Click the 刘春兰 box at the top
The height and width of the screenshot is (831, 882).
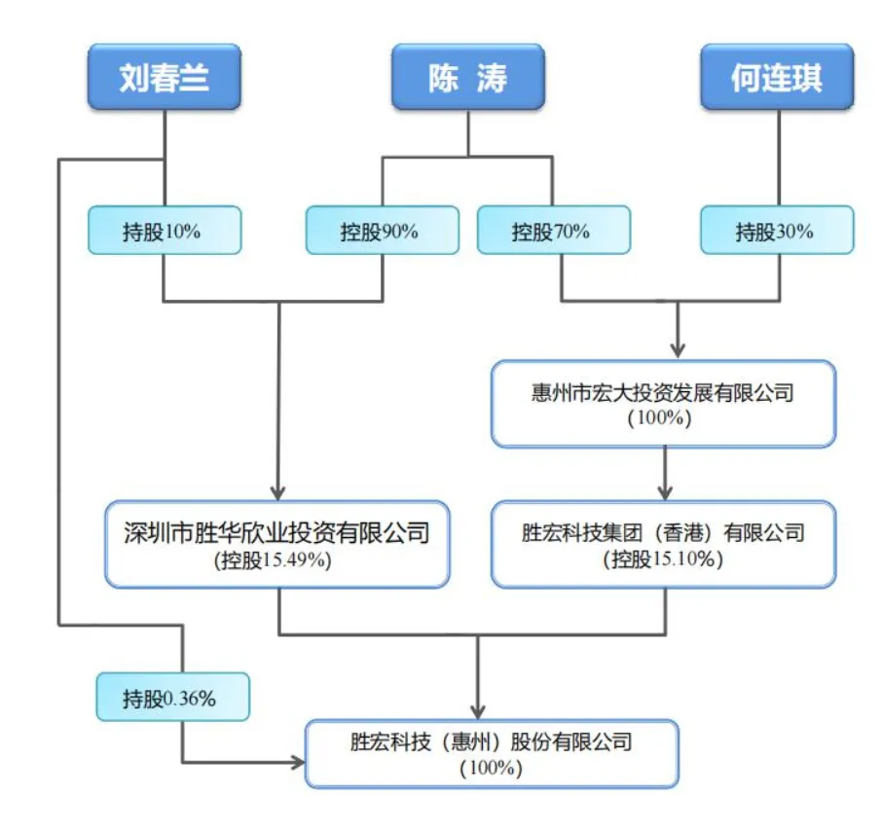[164, 77]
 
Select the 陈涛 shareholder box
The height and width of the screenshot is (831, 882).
[468, 77]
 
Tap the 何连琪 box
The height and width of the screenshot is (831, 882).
[777, 77]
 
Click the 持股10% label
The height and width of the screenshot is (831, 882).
[164, 231]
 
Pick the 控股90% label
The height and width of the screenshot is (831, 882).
[381, 231]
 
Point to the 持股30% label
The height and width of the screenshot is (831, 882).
[777, 232]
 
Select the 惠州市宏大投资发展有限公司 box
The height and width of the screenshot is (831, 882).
[663, 404]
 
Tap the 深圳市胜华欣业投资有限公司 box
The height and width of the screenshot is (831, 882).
[277, 544]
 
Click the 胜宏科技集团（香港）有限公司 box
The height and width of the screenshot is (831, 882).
[663, 544]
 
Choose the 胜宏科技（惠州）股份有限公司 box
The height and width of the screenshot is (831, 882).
[492, 753]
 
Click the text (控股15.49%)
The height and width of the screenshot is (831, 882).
[277, 560]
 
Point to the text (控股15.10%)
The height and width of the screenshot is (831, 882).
[663, 560]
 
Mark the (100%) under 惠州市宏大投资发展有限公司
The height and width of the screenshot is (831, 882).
[663, 419]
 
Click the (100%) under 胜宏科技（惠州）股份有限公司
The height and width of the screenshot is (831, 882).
[492, 769]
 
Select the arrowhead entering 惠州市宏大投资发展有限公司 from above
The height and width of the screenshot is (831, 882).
[678, 349]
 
